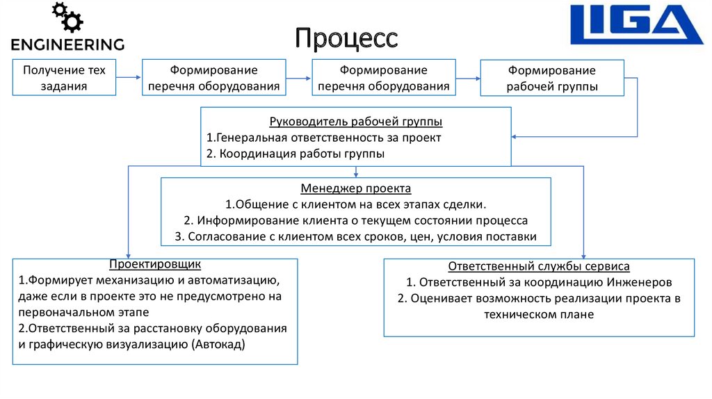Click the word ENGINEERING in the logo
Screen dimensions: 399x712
point(67,44)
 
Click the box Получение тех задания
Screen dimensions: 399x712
point(65,78)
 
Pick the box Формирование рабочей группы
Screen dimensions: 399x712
point(552,79)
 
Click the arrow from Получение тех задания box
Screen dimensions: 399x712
point(129,79)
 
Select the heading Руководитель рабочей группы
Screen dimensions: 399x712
point(356,122)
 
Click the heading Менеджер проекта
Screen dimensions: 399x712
point(356,188)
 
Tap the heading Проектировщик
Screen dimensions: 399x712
point(155,264)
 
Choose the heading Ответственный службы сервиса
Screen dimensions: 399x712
point(539,266)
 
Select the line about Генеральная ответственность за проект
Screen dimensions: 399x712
point(324,138)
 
